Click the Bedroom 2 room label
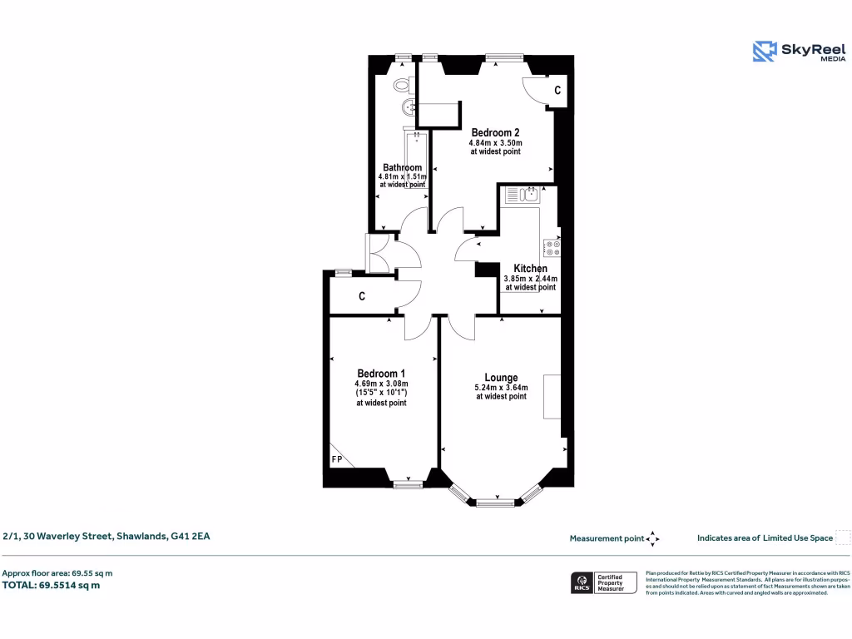496,132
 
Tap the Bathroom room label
402,167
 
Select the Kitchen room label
530,269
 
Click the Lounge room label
501,377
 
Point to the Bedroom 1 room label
381,373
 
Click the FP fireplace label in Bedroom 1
337,459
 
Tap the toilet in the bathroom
404,84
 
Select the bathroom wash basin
407,107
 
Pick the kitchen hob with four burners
552,247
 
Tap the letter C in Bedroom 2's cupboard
557,90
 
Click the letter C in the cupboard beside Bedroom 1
362,296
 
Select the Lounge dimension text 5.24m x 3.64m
501,387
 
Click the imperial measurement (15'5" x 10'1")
381,393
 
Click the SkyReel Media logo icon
764,52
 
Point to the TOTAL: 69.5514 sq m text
52,585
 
